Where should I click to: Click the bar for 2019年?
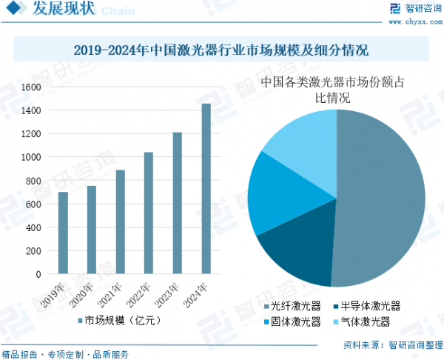[x=63, y=233]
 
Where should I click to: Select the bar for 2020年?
[x=92, y=230]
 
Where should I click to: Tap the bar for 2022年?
[x=149, y=213]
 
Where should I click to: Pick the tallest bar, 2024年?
[x=206, y=188]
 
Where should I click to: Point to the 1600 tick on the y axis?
[x=31, y=87]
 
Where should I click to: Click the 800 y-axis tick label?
[x=33, y=181]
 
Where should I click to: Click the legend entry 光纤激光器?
[x=291, y=306]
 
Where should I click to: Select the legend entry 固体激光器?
[x=291, y=321]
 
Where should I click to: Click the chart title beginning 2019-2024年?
[x=221, y=51]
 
